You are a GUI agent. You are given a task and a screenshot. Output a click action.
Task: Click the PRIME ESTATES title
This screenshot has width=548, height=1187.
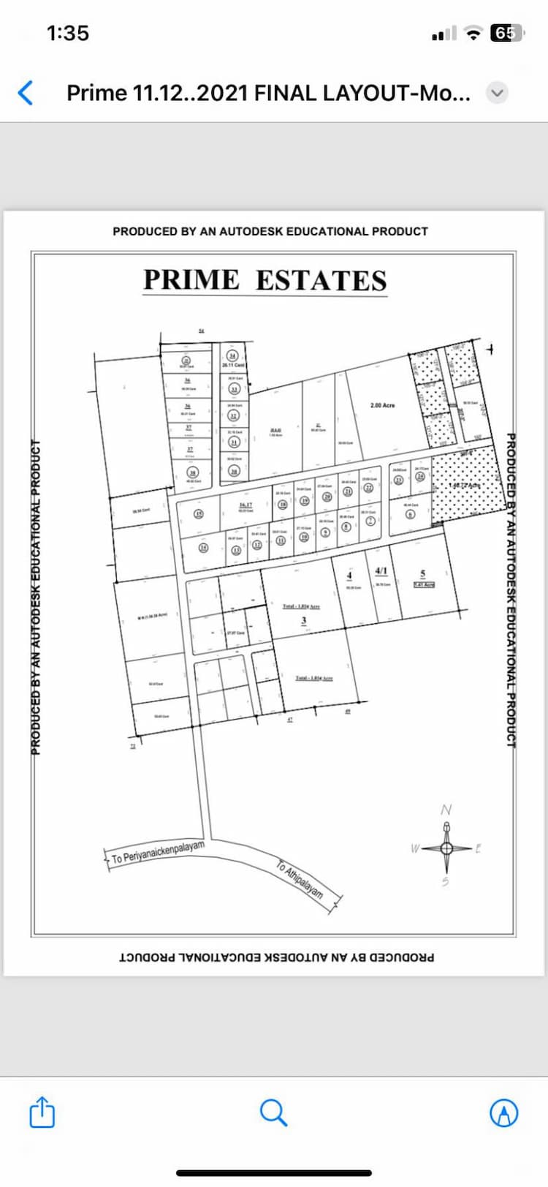265,281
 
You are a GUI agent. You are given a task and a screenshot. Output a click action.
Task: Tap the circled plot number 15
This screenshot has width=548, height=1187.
198,513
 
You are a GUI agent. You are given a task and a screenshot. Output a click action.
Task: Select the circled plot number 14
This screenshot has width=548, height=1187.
204,547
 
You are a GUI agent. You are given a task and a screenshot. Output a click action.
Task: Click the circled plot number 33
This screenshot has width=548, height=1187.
235,389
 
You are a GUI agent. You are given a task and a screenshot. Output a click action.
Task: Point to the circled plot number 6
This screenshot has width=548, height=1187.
410,514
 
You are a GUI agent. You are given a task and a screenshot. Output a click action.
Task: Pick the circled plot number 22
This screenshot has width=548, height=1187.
369,488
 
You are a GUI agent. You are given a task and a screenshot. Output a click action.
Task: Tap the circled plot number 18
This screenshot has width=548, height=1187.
282,505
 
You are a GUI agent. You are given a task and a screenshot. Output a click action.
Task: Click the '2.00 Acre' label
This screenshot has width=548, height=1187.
382,405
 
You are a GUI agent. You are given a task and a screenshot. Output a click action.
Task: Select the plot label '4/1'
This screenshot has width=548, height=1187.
381,571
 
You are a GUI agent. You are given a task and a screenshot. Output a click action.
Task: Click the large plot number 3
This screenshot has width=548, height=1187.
304,621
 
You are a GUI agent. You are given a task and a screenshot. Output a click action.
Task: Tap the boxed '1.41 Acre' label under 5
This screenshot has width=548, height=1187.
424,584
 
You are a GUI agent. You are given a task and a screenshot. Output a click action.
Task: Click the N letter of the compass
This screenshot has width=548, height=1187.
446,810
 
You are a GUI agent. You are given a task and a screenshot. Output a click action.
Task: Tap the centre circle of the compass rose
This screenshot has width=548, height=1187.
446,848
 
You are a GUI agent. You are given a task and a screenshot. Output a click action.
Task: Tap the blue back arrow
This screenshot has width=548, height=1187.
26,93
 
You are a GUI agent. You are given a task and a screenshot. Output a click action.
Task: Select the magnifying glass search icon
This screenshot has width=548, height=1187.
273,1112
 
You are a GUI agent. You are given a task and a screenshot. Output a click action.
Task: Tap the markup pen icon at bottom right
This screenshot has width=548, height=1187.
503,1112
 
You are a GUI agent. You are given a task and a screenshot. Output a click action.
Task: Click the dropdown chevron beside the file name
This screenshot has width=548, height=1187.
498,93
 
